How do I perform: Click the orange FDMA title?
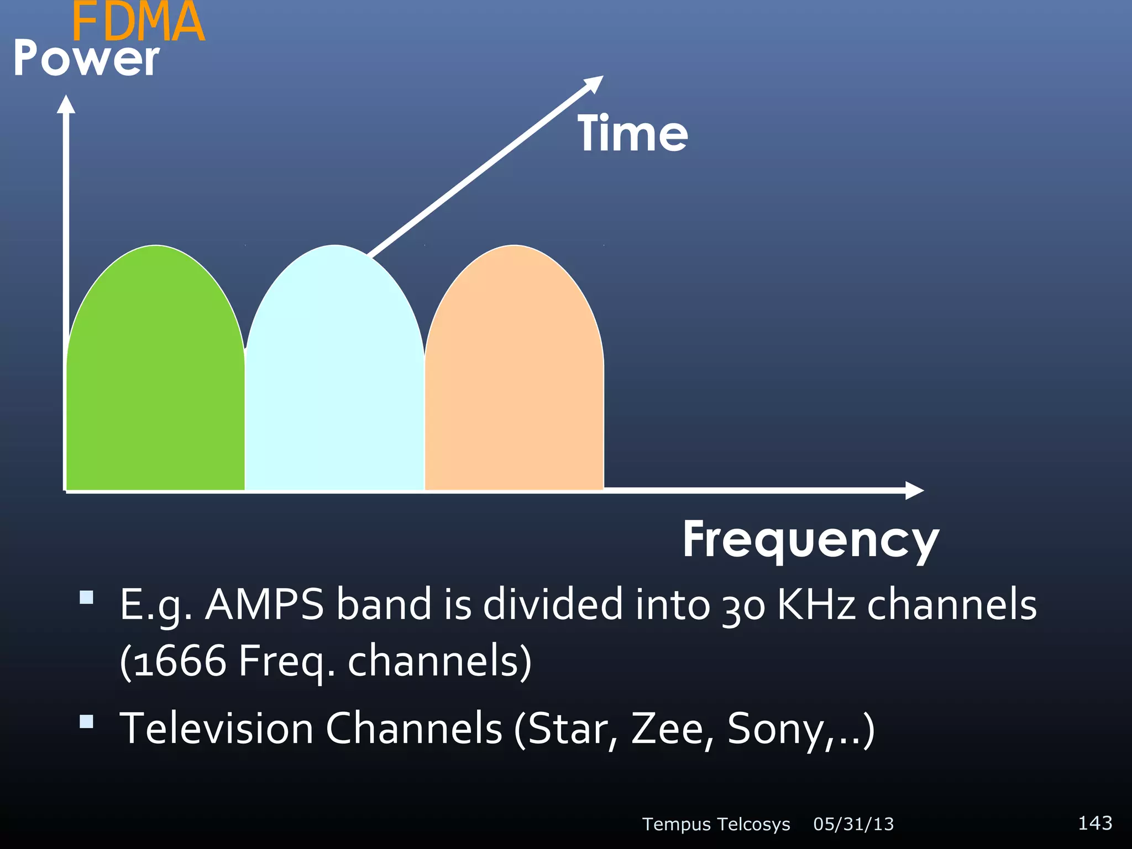[138, 22]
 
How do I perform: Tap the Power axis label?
[86, 59]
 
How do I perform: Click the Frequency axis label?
[811, 540]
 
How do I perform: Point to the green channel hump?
[155, 376]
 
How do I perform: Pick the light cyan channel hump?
[334, 376]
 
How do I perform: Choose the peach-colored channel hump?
[514, 376]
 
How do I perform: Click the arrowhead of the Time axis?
[594, 83]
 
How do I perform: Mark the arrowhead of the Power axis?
[66, 105]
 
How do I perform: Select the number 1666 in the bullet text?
[180, 661]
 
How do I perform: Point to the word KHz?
[816, 605]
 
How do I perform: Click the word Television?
[217, 729]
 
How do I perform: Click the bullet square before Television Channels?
[86, 722]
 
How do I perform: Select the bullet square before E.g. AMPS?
[86, 598]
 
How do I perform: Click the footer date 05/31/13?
[853, 824]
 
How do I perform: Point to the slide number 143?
[1095, 823]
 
